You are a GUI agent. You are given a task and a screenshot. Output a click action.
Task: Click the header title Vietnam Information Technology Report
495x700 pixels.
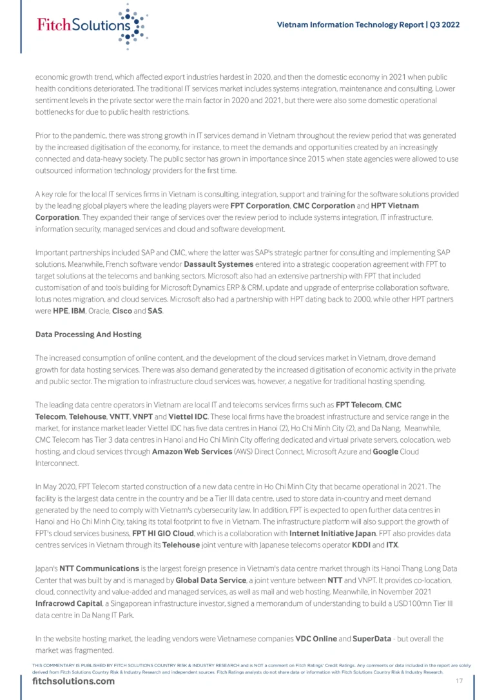coord(367,24)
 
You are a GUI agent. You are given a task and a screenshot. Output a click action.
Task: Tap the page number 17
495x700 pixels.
coord(460,681)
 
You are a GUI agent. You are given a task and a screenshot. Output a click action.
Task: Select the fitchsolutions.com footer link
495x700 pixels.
coord(73,682)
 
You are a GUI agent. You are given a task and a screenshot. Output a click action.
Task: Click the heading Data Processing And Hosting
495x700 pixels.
coord(88,335)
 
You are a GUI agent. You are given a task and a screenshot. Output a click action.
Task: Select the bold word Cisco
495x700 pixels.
coord(122,311)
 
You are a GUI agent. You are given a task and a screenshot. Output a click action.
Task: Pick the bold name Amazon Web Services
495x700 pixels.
coord(187,451)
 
